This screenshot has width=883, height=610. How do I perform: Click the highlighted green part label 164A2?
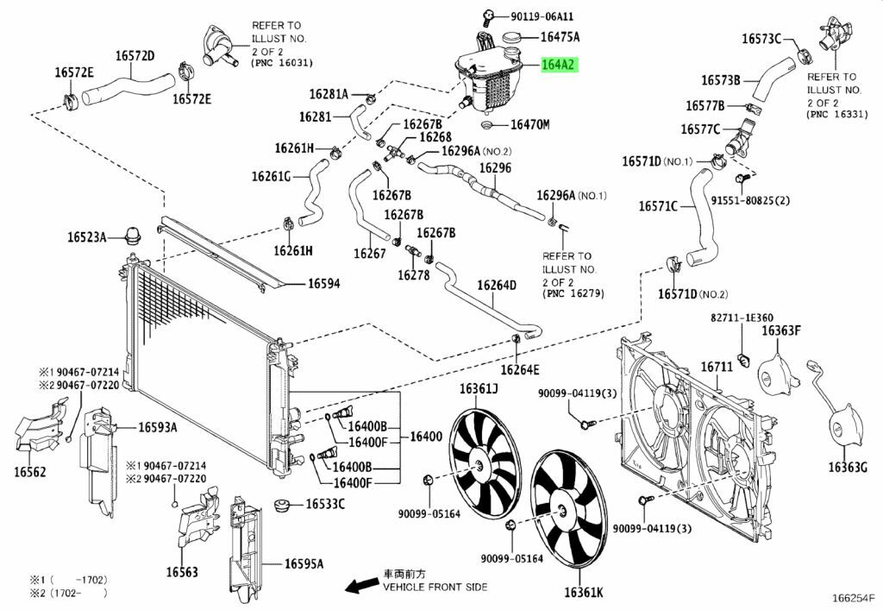click(x=559, y=65)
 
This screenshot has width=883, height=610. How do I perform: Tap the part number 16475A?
click(x=560, y=37)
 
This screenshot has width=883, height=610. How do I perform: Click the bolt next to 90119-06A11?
click(x=488, y=17)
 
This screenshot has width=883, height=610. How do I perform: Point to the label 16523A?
click(x=87, y=237)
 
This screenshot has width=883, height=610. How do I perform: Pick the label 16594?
click(x=324, y=283)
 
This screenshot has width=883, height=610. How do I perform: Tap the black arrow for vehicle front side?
click(x=361, y=584)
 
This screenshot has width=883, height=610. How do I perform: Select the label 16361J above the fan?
click(x=479, y=388)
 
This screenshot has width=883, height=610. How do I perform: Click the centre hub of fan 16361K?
click(x=562, y=512)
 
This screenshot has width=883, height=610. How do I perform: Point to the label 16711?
click(x=717, y=367)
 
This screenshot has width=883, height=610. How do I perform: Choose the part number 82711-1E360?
click(x=742, y=318)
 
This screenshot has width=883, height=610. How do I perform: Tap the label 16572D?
click(x=135, y=56)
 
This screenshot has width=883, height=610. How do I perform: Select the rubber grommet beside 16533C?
click(x=283, y=505)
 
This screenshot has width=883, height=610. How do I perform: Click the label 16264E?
click(x=520, y=370)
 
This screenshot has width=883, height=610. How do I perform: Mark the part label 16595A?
click(x=304, y=563)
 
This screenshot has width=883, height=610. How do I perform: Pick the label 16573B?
click(x=721, y=80)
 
